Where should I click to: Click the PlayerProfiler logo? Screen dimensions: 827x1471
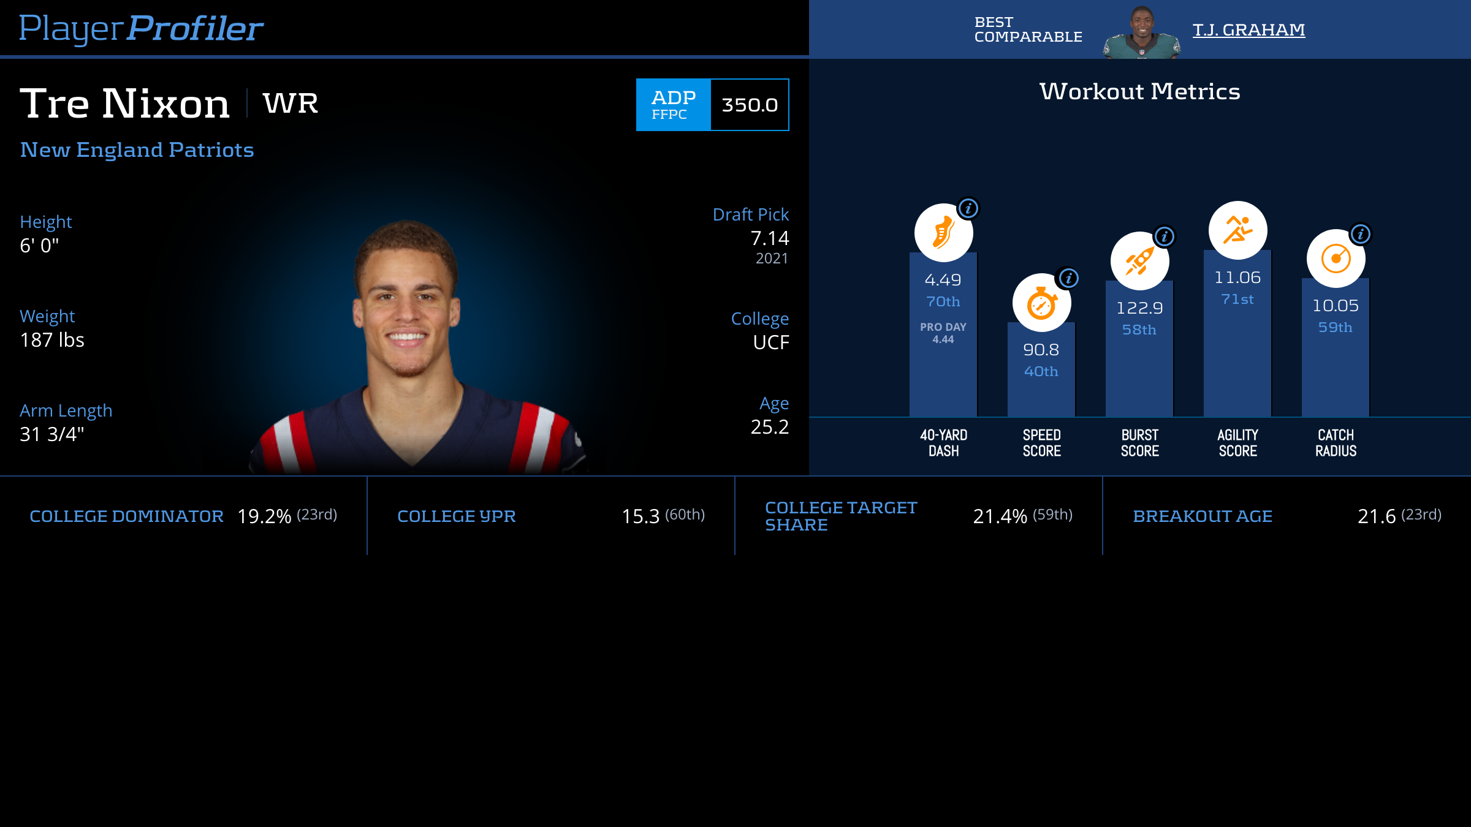141,28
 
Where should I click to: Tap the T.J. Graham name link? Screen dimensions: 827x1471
1249,30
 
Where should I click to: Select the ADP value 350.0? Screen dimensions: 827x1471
750,105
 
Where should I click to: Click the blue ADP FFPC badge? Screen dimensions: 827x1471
673,105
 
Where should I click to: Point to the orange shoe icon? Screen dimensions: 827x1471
943,233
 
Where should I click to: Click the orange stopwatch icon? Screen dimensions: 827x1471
1041,303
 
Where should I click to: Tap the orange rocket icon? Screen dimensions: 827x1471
1139,261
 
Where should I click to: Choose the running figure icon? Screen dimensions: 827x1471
1237,230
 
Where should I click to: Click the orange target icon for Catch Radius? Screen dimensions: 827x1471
1336,259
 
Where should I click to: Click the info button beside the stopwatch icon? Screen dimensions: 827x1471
1069,279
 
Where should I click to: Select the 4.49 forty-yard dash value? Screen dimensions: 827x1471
943,280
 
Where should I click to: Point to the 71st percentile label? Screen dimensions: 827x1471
1237,300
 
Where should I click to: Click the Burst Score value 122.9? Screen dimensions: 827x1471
1139,308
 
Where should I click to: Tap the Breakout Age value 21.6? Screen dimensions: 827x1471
1376,516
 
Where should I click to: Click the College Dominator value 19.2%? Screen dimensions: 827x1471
264,516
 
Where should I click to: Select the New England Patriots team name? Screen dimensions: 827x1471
137,150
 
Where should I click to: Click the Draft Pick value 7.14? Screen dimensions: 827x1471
769,238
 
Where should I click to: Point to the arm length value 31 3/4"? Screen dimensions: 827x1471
52,434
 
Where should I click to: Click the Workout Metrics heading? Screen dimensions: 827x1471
1139,92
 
